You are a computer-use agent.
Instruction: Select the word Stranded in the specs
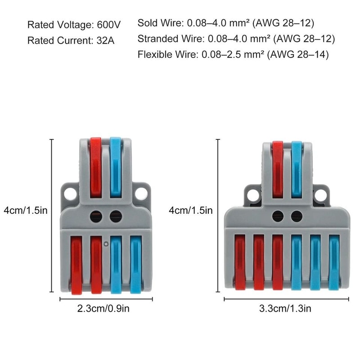(x=155, y=39)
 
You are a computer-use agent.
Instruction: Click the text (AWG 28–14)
(x=297, y=54)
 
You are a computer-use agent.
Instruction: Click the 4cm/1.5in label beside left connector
(x=25, y=210)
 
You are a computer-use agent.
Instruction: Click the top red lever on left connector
(x=96, y=166)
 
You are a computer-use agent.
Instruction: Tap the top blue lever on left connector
(x=116, y=166)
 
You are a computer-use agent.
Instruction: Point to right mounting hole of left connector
(x=142, y=193)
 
